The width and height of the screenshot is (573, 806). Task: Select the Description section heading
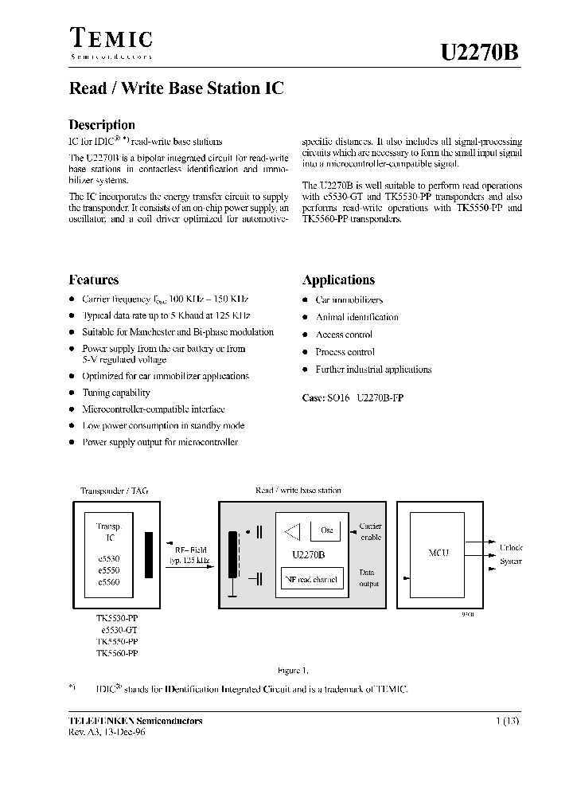click(102, 124)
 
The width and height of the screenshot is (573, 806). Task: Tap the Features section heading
click(94, 280)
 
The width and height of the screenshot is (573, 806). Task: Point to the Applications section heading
click(338, 280)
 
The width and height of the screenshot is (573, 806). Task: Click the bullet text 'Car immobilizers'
click(349, 300)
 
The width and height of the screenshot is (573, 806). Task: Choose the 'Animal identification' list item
click(357, 317)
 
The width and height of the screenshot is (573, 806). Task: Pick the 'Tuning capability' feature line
click(115, 393)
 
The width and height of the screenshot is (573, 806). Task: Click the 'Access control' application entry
click(344, 335)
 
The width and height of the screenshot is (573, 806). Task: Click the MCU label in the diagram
click(439, 553)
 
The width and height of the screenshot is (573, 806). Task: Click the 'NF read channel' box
click(310, 580)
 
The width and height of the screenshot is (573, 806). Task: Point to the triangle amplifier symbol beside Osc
click(294, 530)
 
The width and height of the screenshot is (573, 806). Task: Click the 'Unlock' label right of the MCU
click(511, 548)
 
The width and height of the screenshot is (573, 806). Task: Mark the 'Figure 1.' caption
click(293, 670)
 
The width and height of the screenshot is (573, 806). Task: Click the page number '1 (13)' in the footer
click(507, 721)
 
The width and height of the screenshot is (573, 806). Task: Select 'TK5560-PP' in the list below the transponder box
click(117, 652)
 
